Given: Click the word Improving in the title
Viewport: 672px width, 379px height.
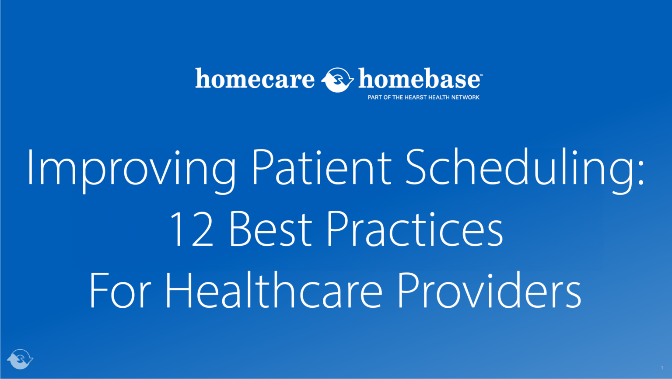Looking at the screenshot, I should pyautogui.click(x=130, y=168).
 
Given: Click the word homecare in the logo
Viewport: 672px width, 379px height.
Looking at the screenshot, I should pyautogui.click(x=255, y=79).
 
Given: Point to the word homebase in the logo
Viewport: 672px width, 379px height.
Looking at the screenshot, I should pyautogui.click(x=419, y=79).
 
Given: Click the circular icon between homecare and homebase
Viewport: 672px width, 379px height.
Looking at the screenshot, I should pyautogui.click(x=337, y=80).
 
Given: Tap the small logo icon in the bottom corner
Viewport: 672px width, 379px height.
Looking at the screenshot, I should pyautogui.click(x=20, y=359).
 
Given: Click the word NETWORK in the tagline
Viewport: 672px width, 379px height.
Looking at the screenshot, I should pyautogui.click(x=465, y=97).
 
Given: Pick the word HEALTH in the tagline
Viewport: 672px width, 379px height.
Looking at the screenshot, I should pyautogui.click(x=439, y=97).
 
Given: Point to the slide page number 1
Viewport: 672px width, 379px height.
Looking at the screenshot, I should pyautogui.click(x=662, y=368).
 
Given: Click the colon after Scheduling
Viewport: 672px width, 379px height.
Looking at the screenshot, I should pyautogui.click(x=641, y=175).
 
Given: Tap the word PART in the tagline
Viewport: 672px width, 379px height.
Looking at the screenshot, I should pyautogui.click(x=375, y=97).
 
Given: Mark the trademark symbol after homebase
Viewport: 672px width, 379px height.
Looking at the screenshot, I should pyautogui.click(x=481, y=75).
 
